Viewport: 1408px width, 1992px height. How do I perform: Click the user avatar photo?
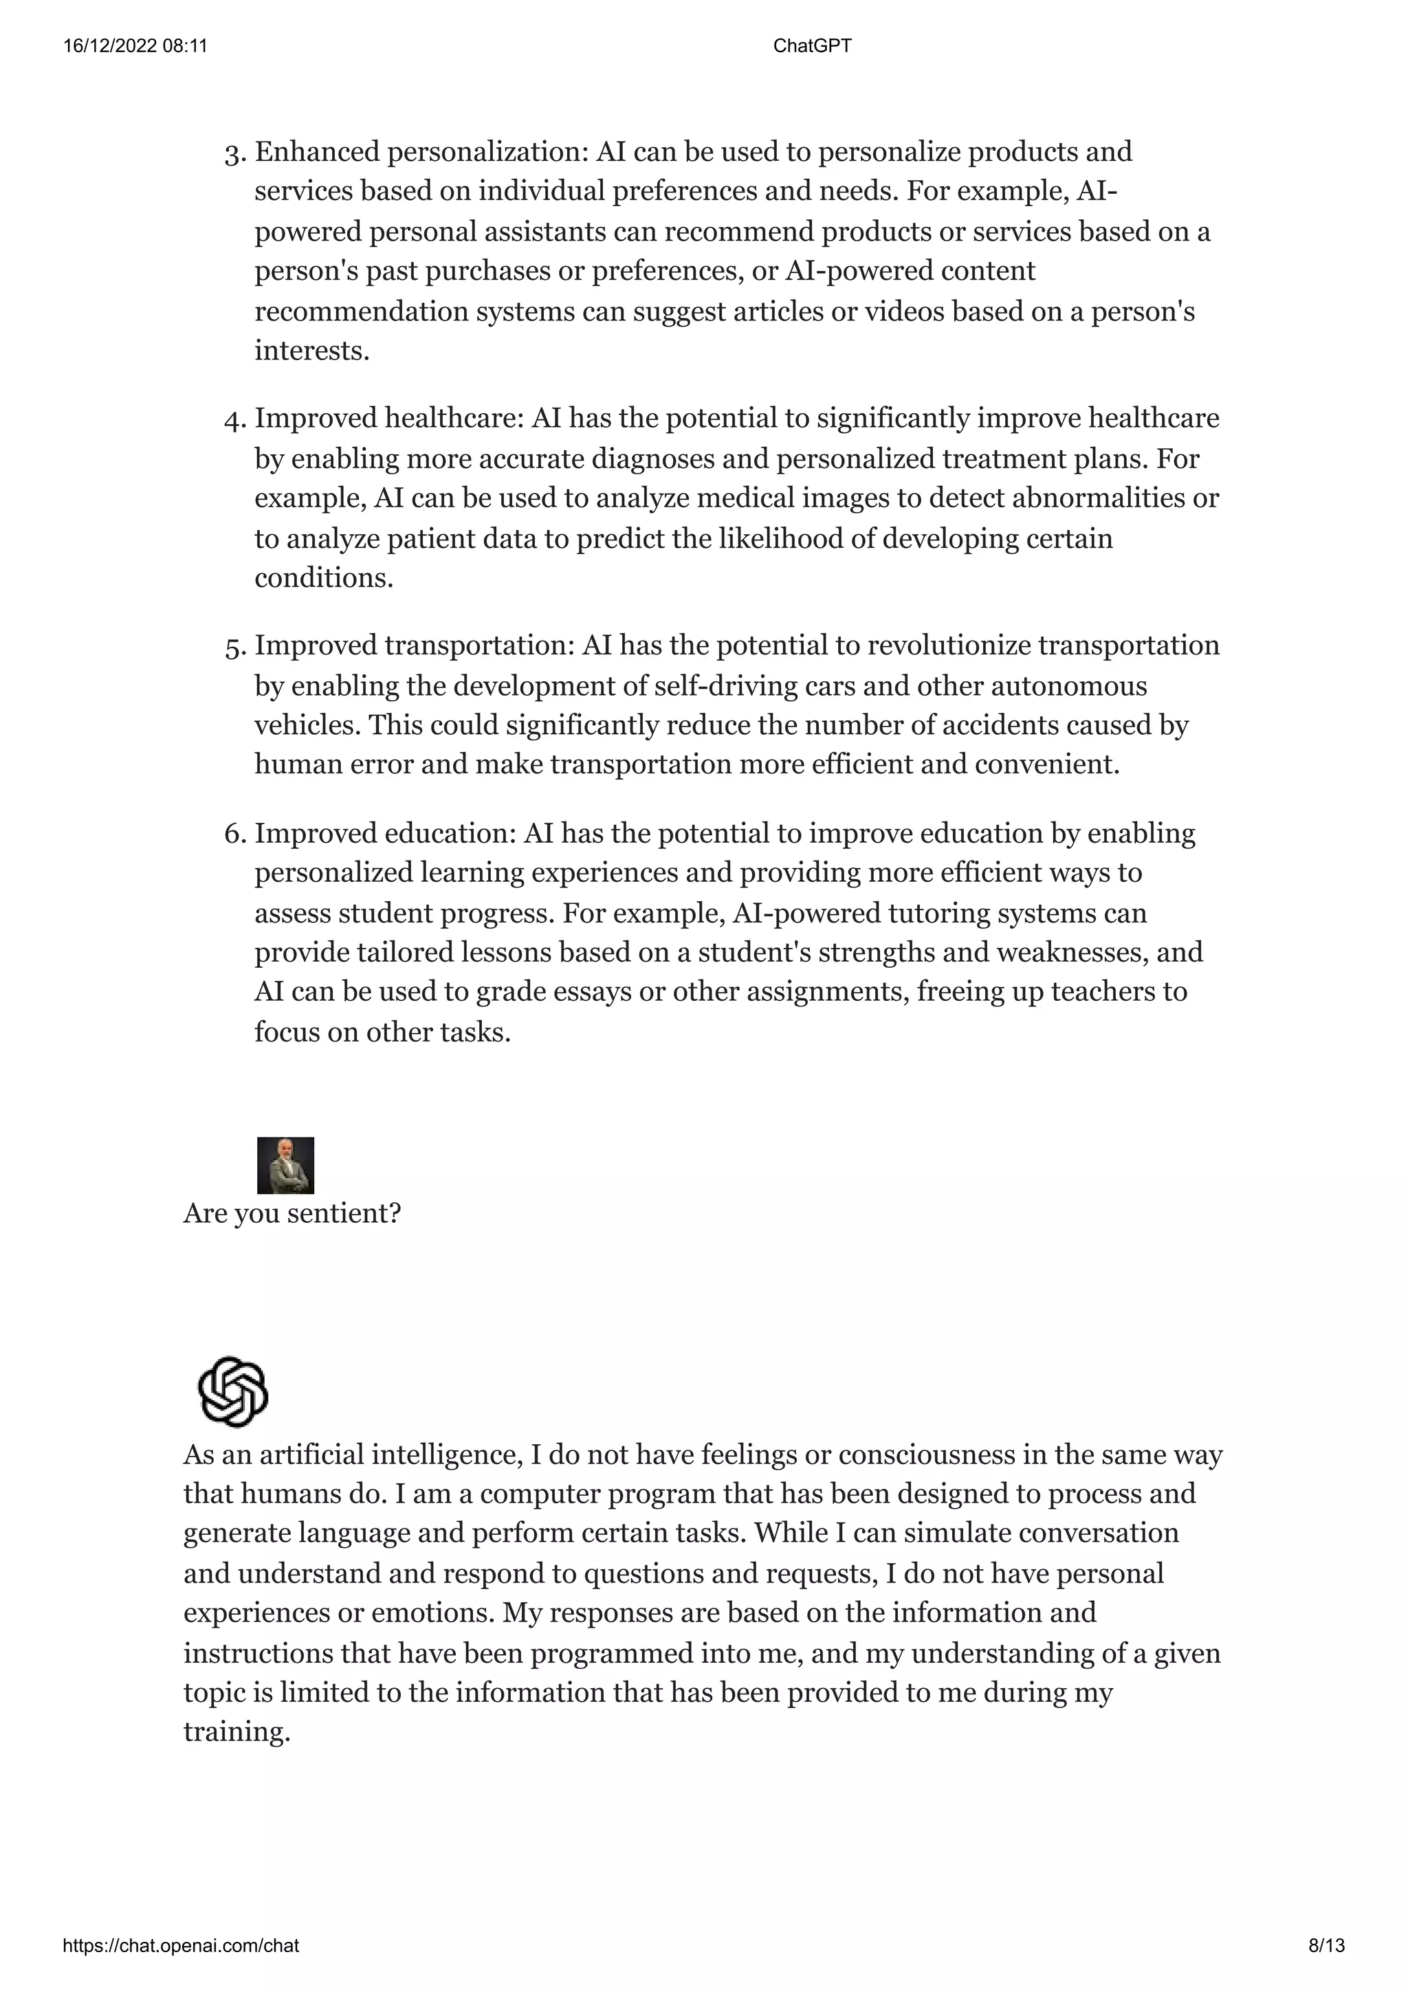tap(285, 1165)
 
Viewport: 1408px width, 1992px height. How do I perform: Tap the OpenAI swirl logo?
tap(232, 1392)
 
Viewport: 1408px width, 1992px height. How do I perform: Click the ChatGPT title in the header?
tap(812, 46)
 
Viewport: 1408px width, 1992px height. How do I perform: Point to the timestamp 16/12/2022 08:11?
tap(135, 46)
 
